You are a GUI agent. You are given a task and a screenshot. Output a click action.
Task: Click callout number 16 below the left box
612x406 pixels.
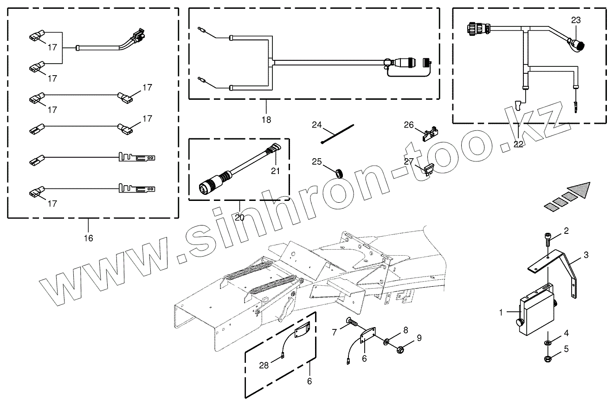(x=88, y=238)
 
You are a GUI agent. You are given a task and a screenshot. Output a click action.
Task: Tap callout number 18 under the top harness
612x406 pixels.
(x=266, y=119)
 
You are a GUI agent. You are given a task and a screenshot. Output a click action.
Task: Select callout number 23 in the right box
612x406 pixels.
(x=576, y=20)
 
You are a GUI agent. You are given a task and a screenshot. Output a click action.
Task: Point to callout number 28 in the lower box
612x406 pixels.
(x=264, y=365)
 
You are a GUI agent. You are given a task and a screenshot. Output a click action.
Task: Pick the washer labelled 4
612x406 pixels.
(x=548, y=342)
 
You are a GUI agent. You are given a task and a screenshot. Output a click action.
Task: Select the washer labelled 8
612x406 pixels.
(x=386, y=342)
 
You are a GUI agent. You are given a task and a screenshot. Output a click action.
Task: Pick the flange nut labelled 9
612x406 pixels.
(x=399, y=348)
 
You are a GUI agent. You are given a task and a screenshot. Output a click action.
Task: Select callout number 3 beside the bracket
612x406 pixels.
(x=586, y=255)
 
